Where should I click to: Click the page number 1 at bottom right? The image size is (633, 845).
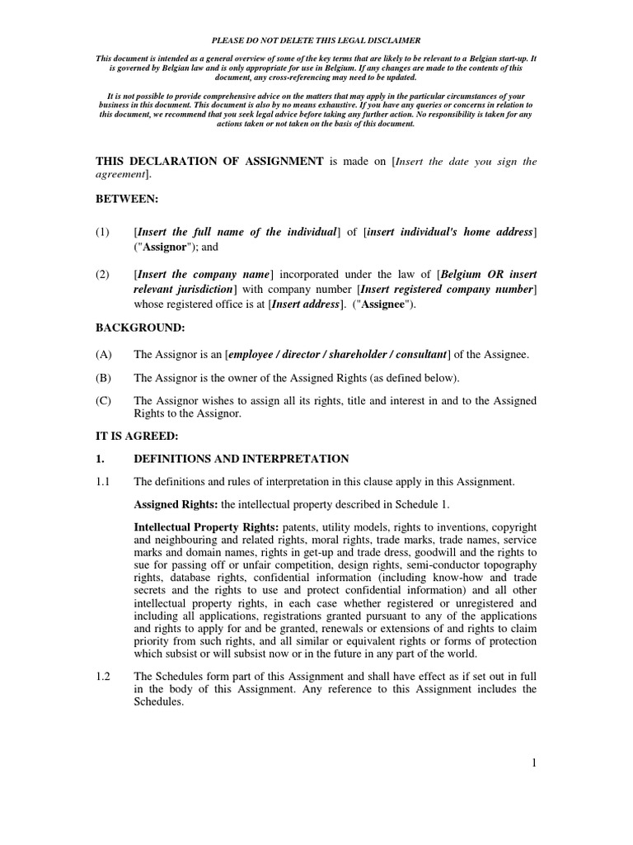(533, 764)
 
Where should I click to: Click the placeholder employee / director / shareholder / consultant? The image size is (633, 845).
(337, 354)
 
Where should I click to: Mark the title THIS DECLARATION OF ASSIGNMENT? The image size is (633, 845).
(209, 161)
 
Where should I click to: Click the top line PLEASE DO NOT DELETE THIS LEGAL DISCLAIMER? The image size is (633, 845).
(316, 40)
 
